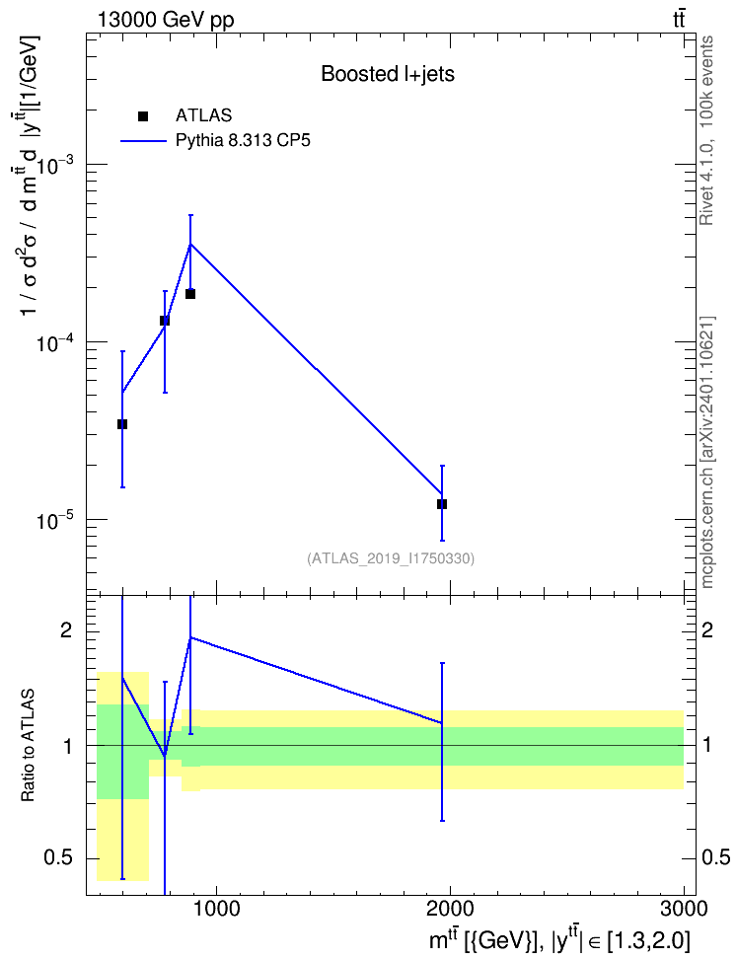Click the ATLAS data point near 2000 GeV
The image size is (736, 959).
442,504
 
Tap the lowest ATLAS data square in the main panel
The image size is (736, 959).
442,504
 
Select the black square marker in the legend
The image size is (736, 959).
143,115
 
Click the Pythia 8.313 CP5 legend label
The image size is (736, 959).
243,141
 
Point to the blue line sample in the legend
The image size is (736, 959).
143,141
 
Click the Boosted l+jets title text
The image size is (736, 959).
388,74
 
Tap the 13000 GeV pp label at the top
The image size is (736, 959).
165,20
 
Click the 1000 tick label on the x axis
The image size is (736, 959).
216,909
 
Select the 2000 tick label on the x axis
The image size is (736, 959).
451,909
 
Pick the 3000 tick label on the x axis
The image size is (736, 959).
684,909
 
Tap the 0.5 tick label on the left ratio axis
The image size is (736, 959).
59,858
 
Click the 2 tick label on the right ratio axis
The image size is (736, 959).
707,630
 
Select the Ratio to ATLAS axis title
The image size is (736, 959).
28,745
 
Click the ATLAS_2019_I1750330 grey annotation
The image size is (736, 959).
391,558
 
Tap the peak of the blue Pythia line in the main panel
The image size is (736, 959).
190,244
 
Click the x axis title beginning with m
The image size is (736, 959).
559,940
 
